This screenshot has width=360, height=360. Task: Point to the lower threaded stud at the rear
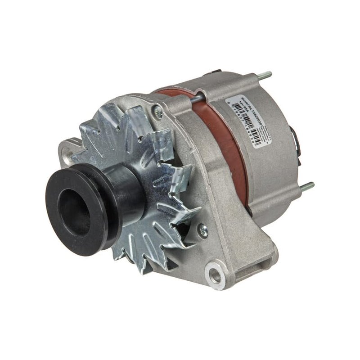pyautogui.click(x=307, y=186)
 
